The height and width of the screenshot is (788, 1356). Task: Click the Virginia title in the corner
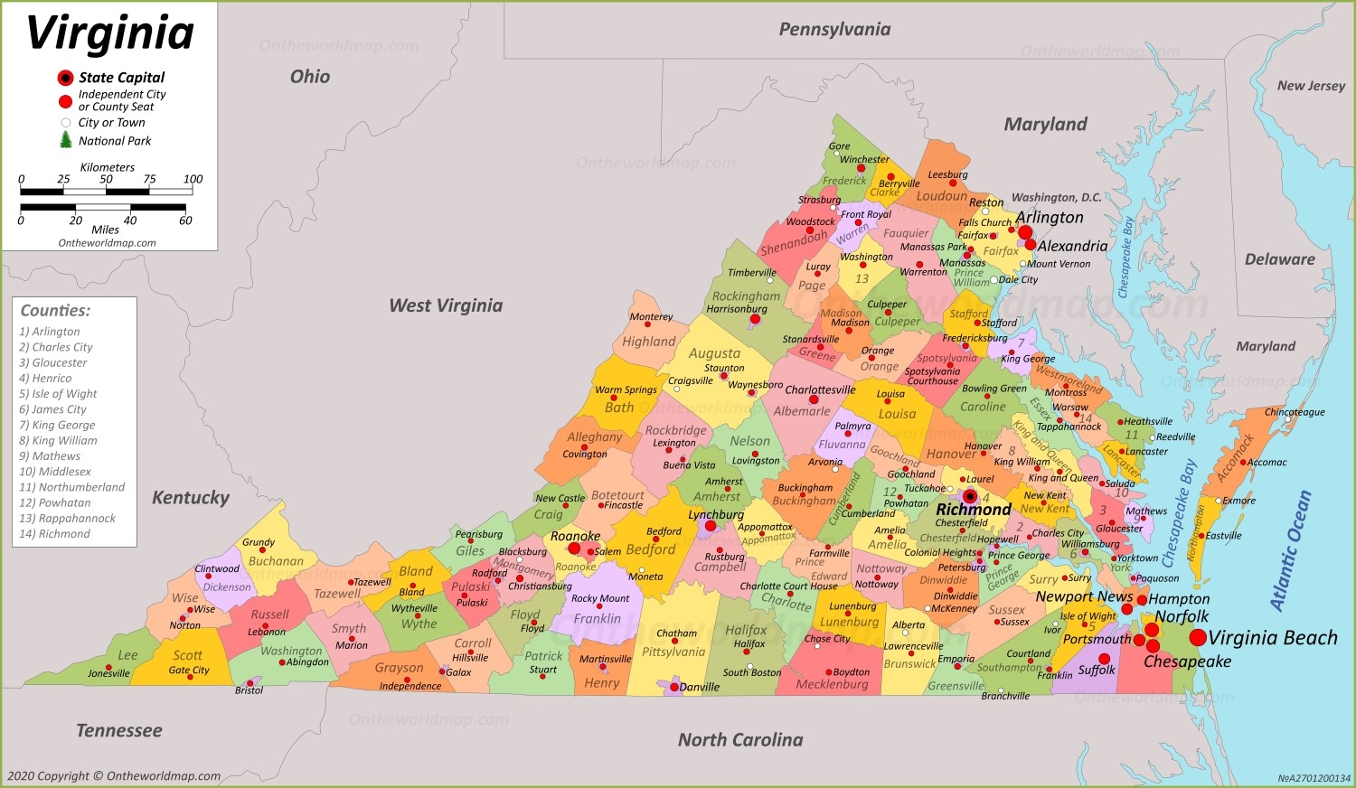click(110, 33)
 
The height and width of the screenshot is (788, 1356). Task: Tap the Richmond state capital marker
click(970, 496)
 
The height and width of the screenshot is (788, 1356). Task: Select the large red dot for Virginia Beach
click(1198, 638)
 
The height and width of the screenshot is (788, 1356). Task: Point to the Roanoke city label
click(575, 536)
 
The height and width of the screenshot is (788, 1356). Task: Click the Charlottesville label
click(819, 389)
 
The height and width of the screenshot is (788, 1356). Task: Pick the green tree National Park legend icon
click(65, 140)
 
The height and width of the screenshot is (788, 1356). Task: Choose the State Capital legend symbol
click(65, 78)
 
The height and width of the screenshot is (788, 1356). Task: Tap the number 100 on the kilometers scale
click(193, 179)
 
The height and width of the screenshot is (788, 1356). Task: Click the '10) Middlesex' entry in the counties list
click(55, 472)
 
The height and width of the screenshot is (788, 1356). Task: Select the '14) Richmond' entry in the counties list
click(54, 534)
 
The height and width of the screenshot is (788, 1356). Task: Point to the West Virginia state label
click(446, 305)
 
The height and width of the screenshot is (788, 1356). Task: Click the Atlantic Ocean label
click(1290, 550)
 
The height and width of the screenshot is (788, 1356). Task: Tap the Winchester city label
click(864, 159)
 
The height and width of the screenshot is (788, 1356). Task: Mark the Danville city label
click(699, 687)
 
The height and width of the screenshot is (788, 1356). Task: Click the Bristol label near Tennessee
click(249, 690)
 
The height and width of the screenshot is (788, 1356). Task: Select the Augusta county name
click(714, 353)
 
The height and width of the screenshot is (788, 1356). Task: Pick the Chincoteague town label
click(1295, 412)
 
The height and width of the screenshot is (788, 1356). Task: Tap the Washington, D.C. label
click(1056, 197)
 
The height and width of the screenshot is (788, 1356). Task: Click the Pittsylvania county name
click(673, 652)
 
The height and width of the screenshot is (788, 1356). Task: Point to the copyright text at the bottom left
click(114, 776)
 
